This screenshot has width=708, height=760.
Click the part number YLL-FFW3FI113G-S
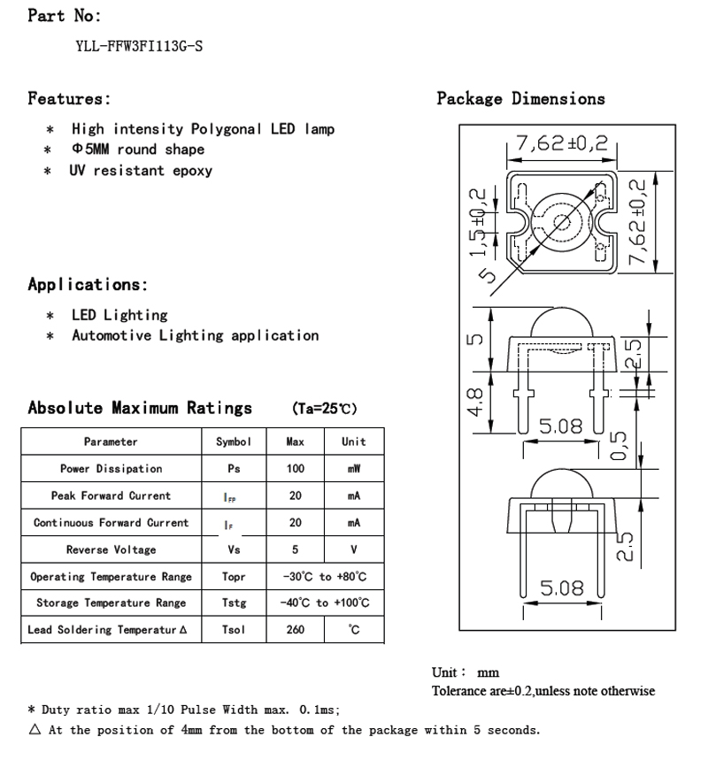(x=139, y=46)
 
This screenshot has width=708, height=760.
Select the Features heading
(x=69, y=98)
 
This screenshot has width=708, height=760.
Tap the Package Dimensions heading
(x=520, y=98)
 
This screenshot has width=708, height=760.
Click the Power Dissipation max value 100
(x=296, y=469)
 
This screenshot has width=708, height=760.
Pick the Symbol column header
(x=234, y=441)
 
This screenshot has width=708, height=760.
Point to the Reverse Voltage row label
(x=111, y=549)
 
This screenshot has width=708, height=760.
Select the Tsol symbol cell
(x=234, y=630)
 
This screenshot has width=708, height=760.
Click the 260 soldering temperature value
(x=296, y=630)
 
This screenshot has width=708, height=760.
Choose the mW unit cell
(x=353, y=469)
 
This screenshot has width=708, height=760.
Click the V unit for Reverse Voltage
(x=353, y=549)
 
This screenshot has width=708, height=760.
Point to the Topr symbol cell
(x=234, y=577)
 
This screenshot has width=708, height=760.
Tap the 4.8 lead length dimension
(x=475, y=403)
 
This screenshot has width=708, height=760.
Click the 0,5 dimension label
(x=619, y=446)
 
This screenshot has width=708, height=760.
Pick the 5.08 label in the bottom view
(x=561, y=587)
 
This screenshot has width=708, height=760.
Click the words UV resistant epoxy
(x=141, y=171)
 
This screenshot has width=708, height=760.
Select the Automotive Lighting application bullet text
(x=195, y=335)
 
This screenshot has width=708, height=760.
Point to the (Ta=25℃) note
(x=324, y=409)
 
